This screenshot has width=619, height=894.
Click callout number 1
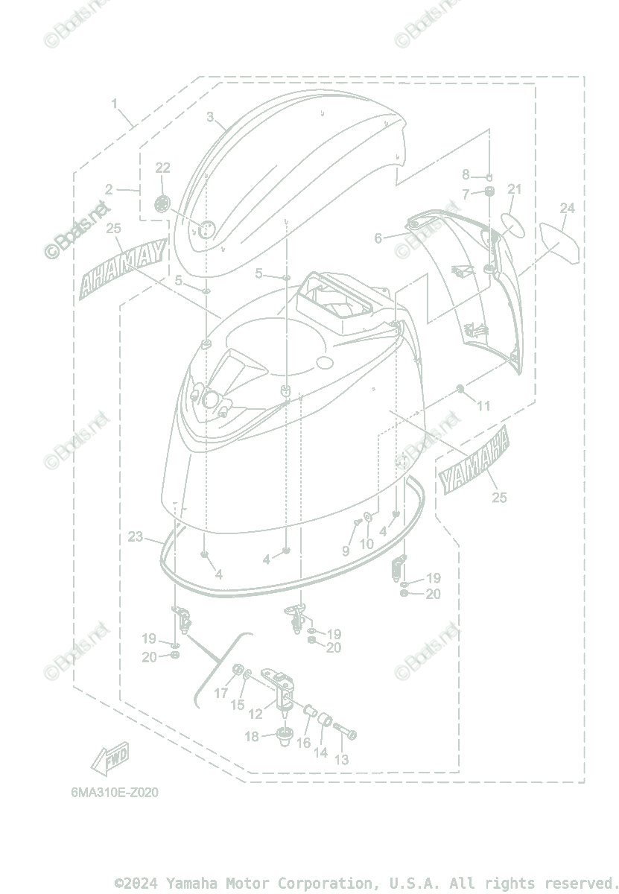(x=115, y=104)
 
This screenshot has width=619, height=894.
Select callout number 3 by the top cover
(x=210, y=117)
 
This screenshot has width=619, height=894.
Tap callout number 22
(x=163, y=168)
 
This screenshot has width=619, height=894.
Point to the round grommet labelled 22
(x=163, y=203)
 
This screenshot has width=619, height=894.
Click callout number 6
(x=378, y=238)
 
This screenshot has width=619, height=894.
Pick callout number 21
(x=514, y=190)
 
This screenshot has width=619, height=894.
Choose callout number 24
(x=568, y=209)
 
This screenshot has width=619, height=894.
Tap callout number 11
(x=484, y=406)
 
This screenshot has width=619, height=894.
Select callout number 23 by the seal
(x=136, y=536)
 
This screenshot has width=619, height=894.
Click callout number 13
(x=342, y=760)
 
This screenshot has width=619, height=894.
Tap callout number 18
(x=251, y=737)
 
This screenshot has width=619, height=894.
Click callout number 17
(x=221, y=694)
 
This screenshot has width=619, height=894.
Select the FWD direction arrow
(x=110, y=759)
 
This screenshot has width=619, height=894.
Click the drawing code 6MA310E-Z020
(x=115, y=793)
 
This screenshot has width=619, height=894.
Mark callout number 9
(x=346, y=551)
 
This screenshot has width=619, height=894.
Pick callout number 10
(x=366, y=545)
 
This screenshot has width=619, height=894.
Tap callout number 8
(x=466, y=175)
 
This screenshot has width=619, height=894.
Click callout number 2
(x=109, y=190)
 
